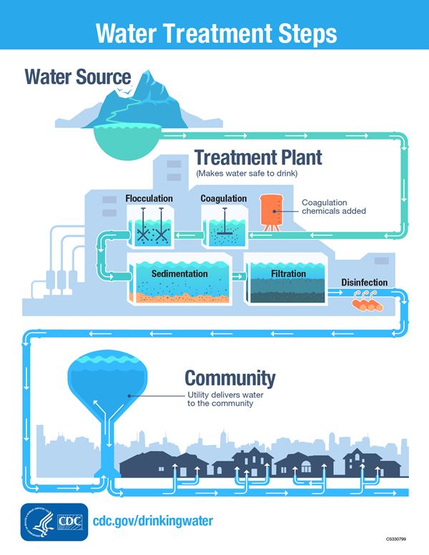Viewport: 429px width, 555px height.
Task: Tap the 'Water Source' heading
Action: point(78,77)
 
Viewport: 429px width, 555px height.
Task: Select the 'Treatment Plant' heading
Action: point(258,157)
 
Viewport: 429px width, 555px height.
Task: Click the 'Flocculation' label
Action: point(149,198)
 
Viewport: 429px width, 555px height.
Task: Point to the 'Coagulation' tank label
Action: point(223,198)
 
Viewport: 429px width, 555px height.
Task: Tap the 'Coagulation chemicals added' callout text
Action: point(333,207)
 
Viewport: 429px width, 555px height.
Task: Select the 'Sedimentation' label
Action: point(179,274)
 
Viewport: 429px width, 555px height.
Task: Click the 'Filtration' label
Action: point(288,274)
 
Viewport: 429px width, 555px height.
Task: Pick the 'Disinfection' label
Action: point(364,283)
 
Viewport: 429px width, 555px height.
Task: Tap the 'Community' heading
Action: point(230,378)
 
